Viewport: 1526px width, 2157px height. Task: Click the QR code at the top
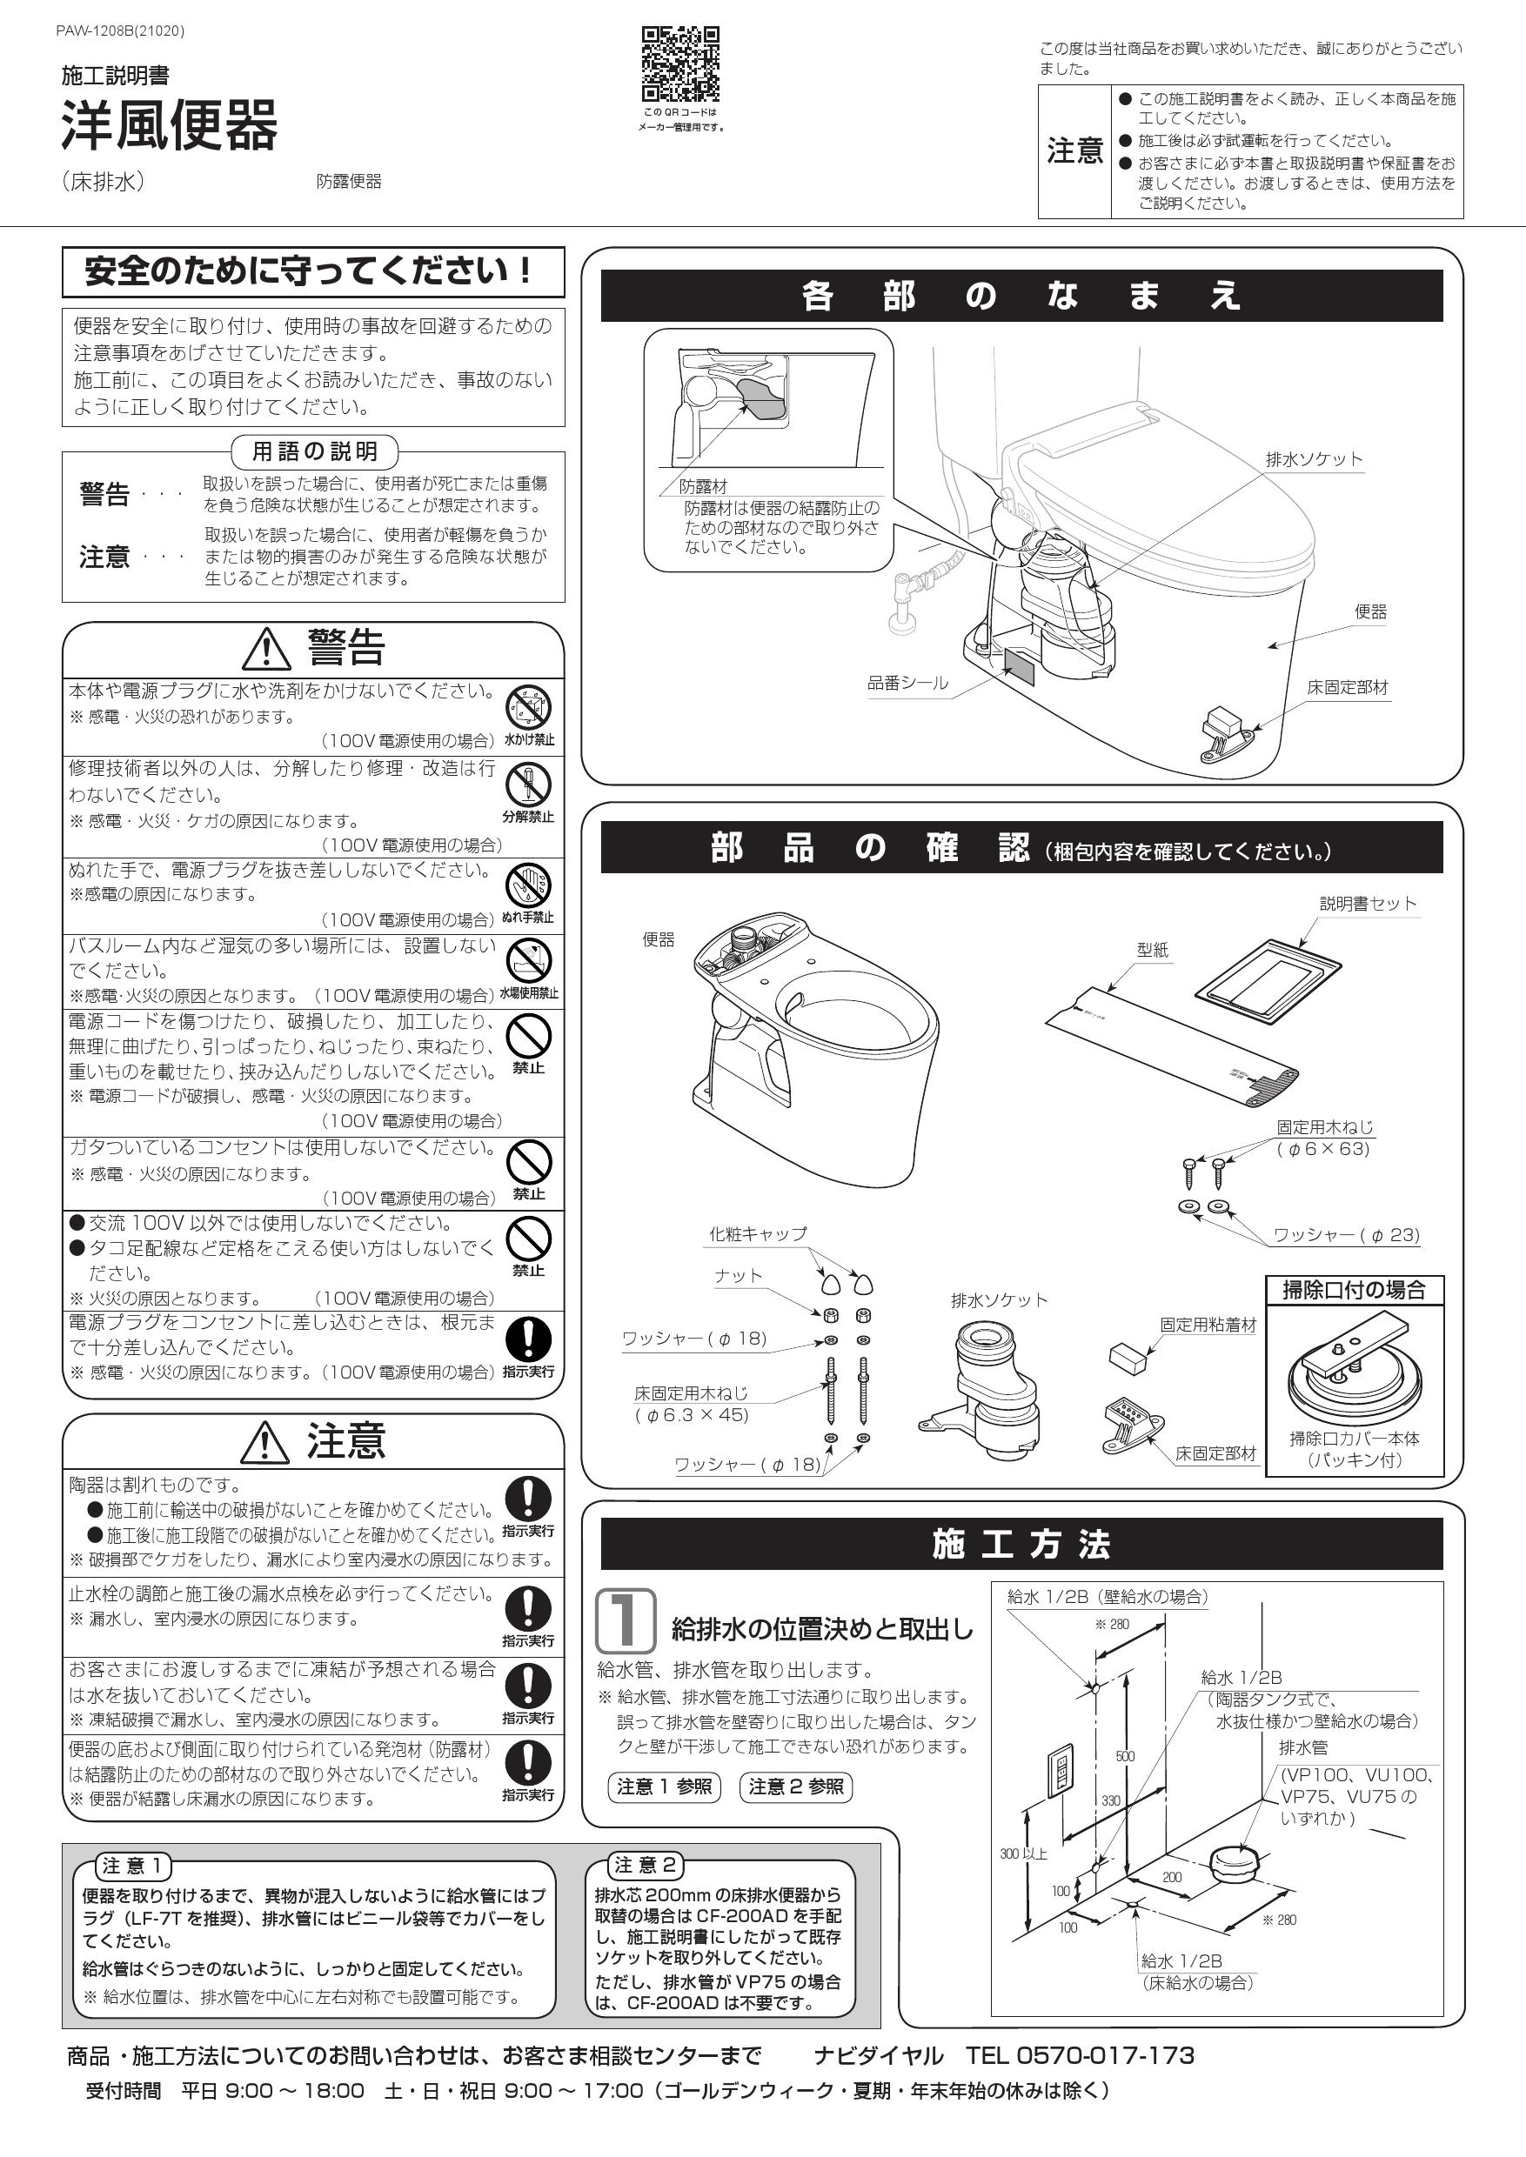(x=680, y=63)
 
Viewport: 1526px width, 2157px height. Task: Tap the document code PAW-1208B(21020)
(x=120, y=31)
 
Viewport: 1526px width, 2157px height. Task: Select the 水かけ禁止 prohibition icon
(x=528, y=707)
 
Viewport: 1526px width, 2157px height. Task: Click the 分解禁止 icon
(x=528, y=785)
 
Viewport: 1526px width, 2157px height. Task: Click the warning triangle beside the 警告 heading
(x=267, y=647)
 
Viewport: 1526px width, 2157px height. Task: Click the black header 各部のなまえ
(x=1021, y=296)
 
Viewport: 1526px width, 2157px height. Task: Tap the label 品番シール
(x=907, y=684)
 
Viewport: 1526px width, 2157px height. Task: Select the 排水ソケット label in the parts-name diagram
(x=1314, y=459)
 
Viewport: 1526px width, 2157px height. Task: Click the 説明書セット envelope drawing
(x=1268, y=982)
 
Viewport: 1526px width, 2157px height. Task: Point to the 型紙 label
(x=1152, y=950)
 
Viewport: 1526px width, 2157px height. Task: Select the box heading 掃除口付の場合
(x=1354, y=1290)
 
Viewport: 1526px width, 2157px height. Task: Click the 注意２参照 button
(x=796, y=1786)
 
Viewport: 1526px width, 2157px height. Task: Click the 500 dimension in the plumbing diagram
(x=1125, y=1756)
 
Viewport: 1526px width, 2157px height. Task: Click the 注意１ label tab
(x=132, y=1866)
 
